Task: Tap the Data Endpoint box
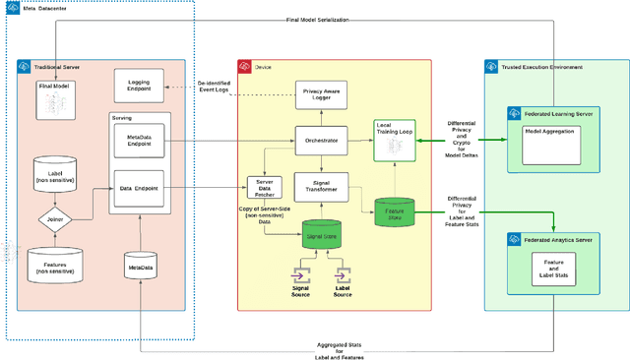point(139,188)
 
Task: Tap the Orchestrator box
point(321,142)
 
